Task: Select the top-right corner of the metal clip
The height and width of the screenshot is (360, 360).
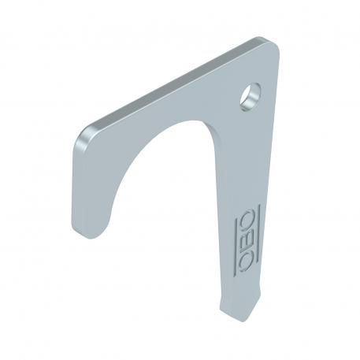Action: (276, 44)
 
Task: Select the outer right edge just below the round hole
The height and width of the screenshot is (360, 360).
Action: (271, 126)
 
